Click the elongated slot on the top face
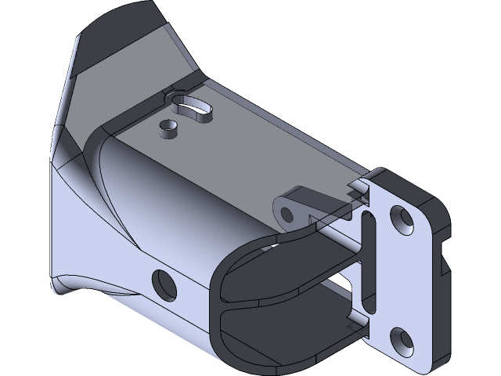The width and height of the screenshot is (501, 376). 191,107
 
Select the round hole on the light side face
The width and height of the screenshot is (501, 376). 163,284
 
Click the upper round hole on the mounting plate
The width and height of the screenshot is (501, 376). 402,219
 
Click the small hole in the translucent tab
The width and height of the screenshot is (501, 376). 285,211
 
